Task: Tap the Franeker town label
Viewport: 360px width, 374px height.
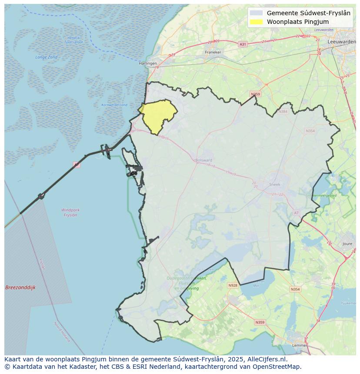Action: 213,52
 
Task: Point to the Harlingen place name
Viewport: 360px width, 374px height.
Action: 147,63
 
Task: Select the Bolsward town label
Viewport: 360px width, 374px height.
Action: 204,160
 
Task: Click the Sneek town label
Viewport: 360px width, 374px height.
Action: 275,185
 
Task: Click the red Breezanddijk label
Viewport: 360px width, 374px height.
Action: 20,288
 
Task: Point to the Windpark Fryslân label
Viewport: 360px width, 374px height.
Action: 70,212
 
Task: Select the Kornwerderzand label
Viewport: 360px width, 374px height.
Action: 114,105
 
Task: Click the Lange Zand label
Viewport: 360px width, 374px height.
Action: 47,57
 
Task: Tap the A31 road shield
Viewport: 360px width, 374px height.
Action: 243,44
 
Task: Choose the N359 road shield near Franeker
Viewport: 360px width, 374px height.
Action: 255,94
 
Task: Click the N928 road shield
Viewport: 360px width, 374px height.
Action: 233,285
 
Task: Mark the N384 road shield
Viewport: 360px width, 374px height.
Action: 283,112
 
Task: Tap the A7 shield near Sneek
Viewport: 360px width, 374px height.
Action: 296,213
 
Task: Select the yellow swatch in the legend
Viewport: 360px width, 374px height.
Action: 257,22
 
